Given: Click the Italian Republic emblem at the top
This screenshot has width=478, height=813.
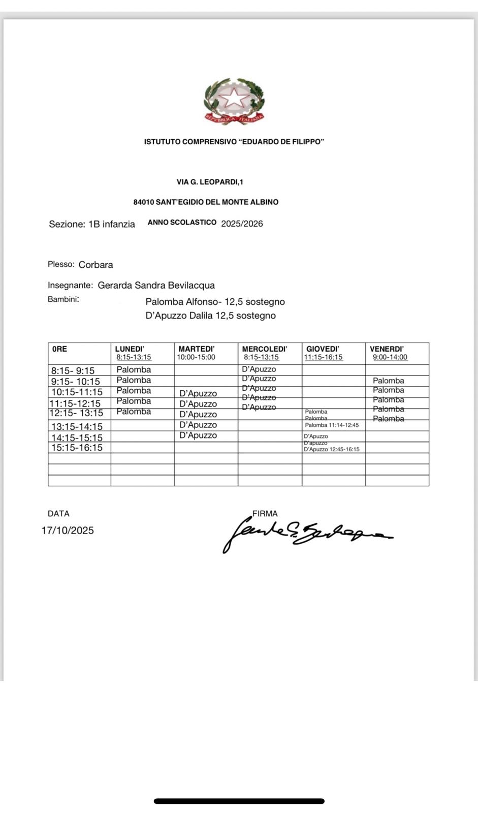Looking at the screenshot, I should [234, 101].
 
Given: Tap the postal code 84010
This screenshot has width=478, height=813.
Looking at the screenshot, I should [143, 202].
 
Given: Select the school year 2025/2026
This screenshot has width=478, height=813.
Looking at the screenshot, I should [242, 224].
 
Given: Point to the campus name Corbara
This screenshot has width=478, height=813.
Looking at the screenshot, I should [95, 265].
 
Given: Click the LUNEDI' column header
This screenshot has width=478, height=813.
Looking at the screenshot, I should [130, 349].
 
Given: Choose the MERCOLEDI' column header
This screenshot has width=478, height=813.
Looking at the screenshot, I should [264, 349].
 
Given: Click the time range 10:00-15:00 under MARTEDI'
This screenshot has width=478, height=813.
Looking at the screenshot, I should [196, 357].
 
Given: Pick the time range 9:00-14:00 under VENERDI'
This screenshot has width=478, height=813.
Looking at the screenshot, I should [390, 357].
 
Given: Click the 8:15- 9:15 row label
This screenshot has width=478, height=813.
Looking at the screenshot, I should [73, 371].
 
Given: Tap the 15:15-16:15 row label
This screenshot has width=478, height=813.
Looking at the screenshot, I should [77, 448].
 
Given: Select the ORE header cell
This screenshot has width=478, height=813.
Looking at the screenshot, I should [59, 349].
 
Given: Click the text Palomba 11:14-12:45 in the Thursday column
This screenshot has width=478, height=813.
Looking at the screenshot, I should [332, 425].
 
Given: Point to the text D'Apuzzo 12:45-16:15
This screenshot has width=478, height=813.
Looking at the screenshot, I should [331, 449].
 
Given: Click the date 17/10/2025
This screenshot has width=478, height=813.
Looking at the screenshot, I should [68, 530].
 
